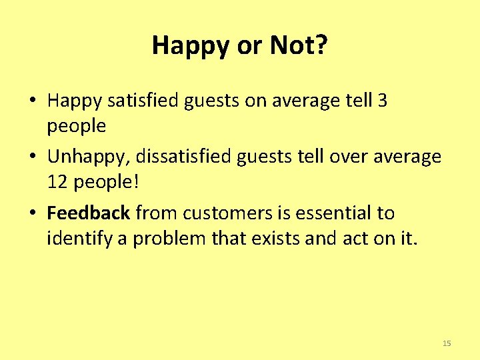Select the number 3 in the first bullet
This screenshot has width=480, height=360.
[382, 101]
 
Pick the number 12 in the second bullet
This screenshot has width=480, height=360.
[57, 181]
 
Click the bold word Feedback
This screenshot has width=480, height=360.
[88, 213]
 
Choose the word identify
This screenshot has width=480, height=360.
[79, 238]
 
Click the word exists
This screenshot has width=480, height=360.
[276, 238]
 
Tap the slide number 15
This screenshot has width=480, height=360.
[447, 343]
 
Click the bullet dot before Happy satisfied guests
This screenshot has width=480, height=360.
[32, 102]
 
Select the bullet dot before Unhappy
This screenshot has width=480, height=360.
[32, 158]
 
